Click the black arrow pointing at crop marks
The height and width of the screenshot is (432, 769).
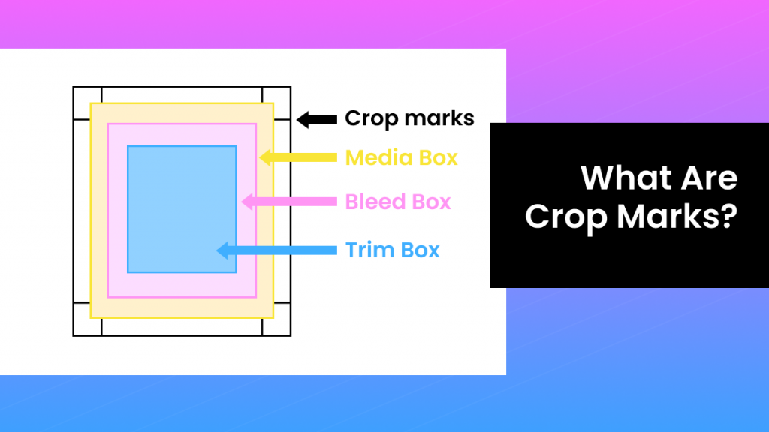[316, 118]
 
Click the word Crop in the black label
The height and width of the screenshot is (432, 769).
[370, 118]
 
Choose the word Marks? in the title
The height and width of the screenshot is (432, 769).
[677, 217]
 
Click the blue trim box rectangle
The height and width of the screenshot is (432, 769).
[182, 208]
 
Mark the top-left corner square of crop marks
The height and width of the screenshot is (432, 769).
[87, 103]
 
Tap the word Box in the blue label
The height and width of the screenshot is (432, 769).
[421, 250]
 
